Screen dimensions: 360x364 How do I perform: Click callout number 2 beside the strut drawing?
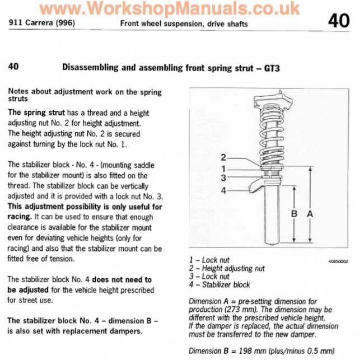(x=222, y=157)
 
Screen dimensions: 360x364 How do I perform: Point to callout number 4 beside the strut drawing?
(x=222, y=191)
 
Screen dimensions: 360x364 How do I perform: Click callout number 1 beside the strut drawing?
(x=222, y=168)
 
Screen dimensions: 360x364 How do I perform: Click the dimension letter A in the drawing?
(x=310, y=213)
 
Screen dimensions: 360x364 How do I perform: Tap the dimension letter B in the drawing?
(x=295, y=213)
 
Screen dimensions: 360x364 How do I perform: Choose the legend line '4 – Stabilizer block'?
(x=220, y=284)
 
